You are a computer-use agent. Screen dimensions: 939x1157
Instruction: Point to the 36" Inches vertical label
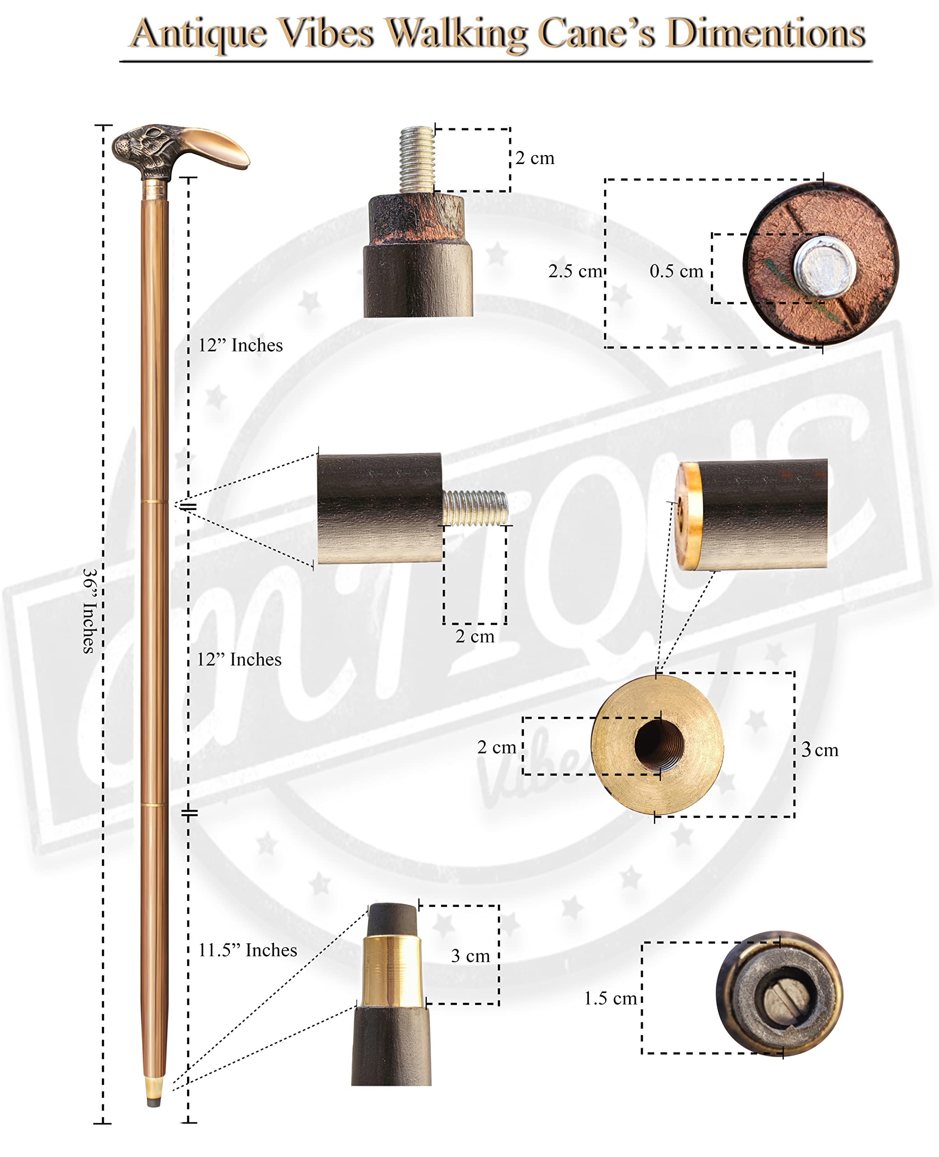pos(90,610)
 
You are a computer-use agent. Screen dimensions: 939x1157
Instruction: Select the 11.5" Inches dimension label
pos(248,950)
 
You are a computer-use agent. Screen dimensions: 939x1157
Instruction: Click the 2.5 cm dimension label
pos(574,270)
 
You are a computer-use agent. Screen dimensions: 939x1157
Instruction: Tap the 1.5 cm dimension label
pos(610,998)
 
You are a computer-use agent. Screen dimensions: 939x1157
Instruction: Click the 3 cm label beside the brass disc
pos(820,750)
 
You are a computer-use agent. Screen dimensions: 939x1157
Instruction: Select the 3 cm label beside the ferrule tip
pos(470,956)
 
